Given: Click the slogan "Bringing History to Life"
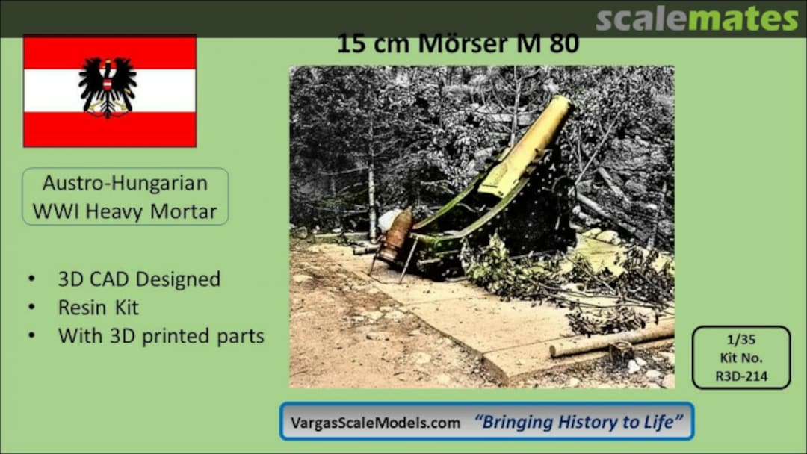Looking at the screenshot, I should click(x=578, y=422).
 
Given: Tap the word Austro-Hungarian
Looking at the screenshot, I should click(x=125, y=183).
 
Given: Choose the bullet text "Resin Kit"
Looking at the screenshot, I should click(x=99, y=308).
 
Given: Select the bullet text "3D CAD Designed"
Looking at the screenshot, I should click(x=139, y=279).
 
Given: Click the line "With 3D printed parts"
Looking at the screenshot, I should click(x=161, y=336).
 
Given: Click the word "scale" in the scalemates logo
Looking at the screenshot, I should click(x=641, y=19).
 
